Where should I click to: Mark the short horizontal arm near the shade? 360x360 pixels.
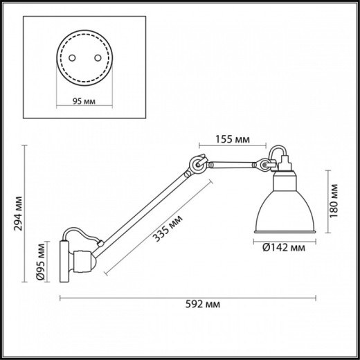(x=232, y=165)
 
